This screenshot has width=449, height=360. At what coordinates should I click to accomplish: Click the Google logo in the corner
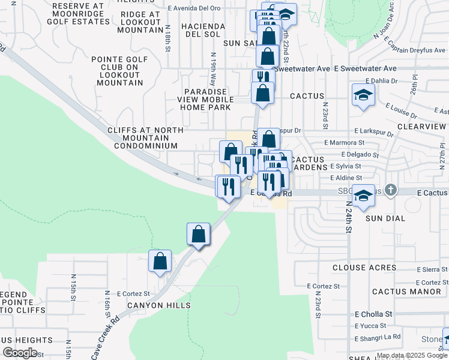pos(20,353)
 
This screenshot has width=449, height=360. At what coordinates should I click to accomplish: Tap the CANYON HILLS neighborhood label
pos(158,305)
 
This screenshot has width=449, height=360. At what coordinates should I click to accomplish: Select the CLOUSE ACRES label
pos(357,268)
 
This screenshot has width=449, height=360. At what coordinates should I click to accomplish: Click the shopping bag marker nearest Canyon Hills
pos(160,262)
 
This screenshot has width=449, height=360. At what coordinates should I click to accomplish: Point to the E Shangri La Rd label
pos(378,337)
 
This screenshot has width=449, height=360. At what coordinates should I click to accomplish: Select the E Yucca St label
pos(372,326)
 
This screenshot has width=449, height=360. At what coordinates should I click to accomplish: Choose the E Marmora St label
pos(345,143)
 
